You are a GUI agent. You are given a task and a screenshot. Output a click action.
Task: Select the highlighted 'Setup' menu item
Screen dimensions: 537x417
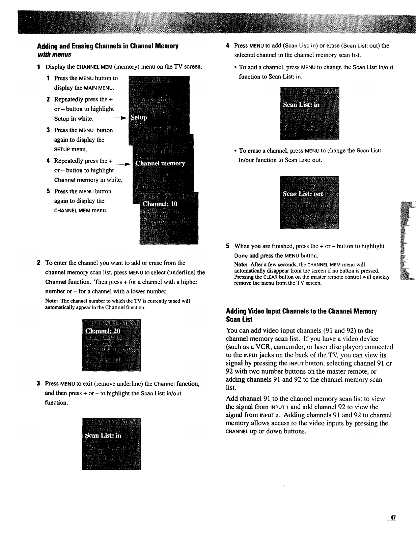tap(139, 118)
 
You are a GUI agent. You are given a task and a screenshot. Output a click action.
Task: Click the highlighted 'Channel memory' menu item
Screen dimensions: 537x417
tap(160, 164)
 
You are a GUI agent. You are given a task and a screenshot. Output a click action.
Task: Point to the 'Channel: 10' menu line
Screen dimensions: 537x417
tap(160, 204)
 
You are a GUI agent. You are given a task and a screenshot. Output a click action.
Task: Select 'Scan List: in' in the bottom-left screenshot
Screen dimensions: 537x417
tap(103, 435)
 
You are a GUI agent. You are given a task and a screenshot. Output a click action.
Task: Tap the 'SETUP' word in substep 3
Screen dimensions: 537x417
tap(61, 149)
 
